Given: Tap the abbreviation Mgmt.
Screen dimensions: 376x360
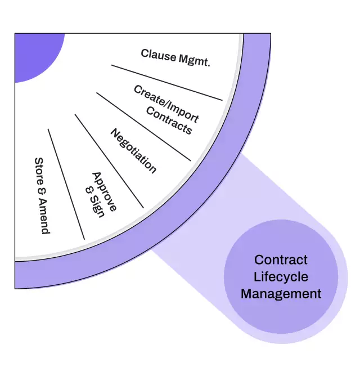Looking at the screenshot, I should [193, 60].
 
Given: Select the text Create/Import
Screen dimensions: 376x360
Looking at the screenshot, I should [166, 104].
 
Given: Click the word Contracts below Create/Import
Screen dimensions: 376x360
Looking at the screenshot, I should [169, 120].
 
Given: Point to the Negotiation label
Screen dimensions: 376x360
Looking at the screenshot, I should [133, 150].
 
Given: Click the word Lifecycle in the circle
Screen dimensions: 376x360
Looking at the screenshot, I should [281, 276].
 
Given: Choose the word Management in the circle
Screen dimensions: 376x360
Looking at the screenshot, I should [281, 293].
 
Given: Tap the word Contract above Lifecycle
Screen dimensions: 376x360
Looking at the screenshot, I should [281, 259].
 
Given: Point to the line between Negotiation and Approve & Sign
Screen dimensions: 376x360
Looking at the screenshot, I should [109, 161].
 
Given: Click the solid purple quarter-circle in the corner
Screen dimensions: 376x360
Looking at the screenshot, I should [34, 53].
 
